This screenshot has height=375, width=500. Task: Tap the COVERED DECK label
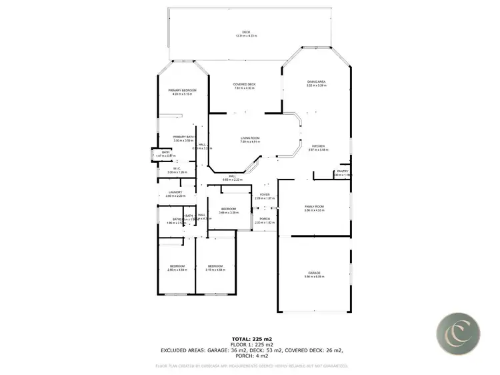245,85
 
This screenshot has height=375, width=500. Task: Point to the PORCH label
265,220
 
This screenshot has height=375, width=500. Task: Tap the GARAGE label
314,274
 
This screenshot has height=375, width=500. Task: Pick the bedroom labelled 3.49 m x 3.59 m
229,210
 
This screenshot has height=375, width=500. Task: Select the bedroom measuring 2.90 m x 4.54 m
177,268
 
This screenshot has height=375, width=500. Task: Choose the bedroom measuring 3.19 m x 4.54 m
216,268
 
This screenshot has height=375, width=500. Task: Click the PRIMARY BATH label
183,138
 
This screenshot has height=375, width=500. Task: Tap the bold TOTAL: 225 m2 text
253,340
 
